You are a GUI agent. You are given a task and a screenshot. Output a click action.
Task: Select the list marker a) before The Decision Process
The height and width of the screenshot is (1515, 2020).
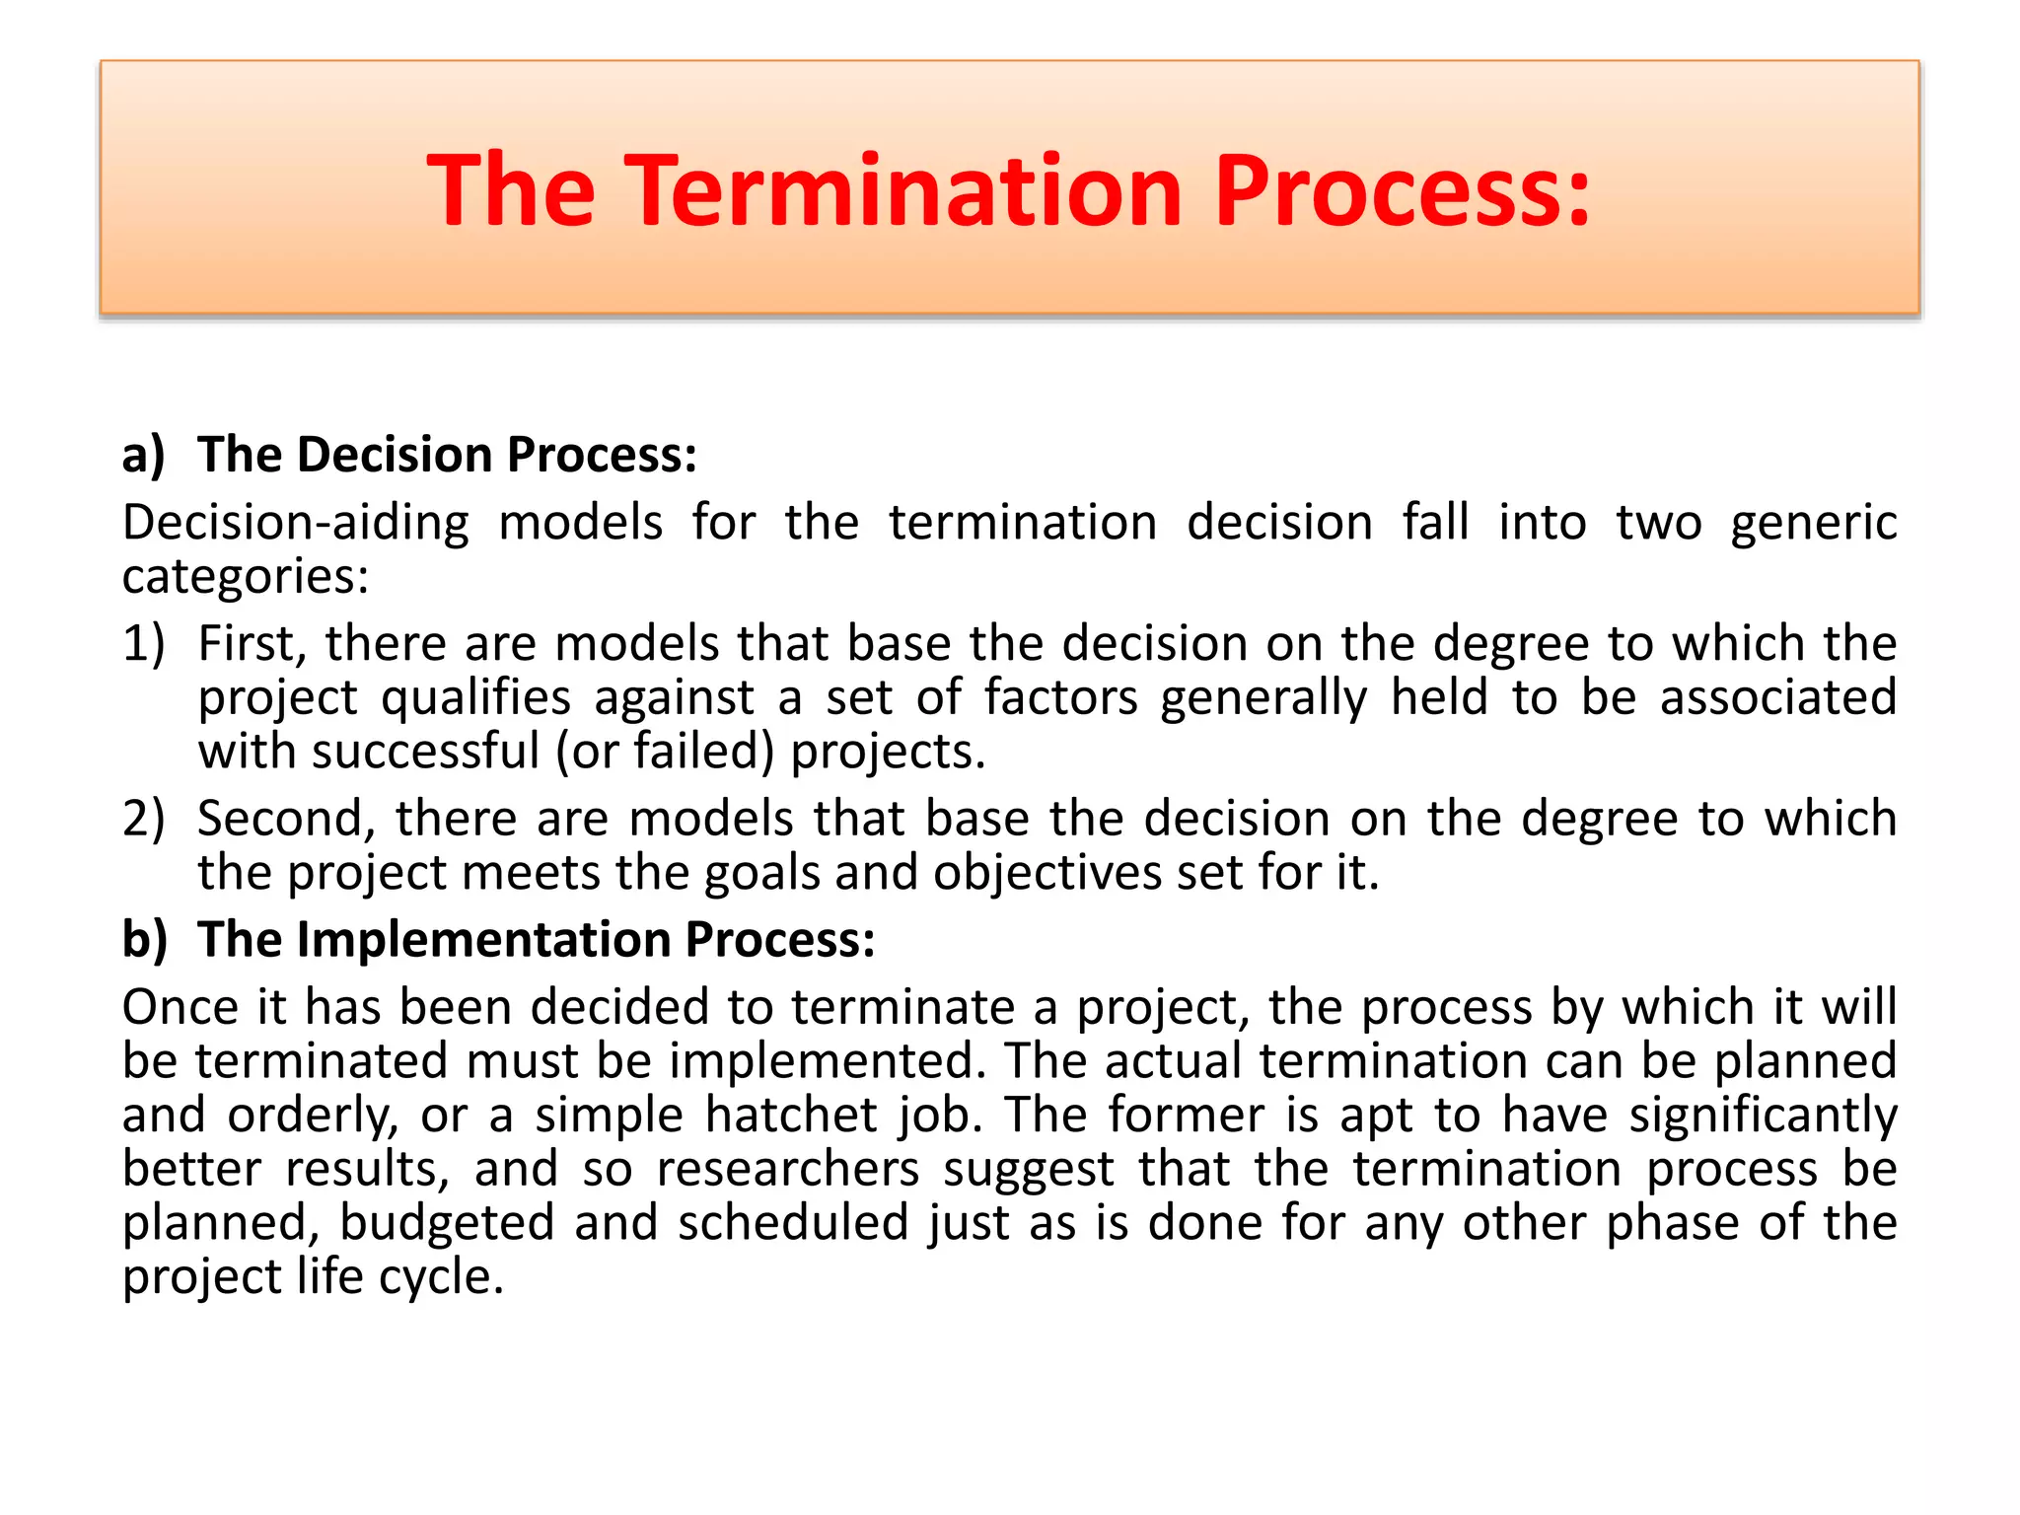point(143,456)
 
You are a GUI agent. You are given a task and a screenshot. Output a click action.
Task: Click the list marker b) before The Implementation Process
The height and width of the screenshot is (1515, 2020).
point(144,940)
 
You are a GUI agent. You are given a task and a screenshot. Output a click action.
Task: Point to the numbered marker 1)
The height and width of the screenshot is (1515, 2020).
point(143,644)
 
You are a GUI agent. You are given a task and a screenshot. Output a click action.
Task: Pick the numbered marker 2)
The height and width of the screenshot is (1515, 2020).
point(143,820)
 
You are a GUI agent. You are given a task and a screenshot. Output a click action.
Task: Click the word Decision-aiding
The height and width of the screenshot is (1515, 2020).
point(295,523)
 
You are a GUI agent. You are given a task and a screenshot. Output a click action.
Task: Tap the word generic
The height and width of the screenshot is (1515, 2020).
point(1813,523)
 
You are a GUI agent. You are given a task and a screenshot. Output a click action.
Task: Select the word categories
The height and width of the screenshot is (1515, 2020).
point(244,577)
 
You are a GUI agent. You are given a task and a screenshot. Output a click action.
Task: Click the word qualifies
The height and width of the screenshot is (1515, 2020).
point(475,698)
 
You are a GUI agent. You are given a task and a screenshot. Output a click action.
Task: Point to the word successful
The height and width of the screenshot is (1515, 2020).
point(425,752)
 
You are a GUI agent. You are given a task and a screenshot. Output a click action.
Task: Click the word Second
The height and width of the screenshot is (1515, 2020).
point(287,820)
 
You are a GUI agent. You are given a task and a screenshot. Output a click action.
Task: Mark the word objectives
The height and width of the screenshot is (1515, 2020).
point(1047,873)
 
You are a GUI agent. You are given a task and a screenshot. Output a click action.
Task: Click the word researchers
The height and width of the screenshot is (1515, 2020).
point(788,1170)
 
